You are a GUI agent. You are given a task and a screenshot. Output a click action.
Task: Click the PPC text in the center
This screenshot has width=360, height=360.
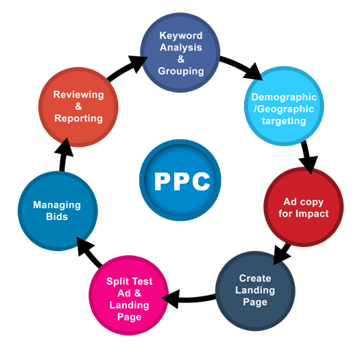[182, 182]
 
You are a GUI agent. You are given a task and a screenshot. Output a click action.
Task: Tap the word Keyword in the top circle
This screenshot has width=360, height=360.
[181, 36]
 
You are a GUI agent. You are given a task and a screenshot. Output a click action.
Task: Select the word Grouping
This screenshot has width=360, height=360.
[181, 71]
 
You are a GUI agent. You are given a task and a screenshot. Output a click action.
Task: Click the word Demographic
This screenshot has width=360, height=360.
[284, 97]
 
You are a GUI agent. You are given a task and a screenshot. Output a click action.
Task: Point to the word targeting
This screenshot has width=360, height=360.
[284, 121]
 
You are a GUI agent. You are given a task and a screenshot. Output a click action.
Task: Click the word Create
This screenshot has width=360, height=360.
[255, 278]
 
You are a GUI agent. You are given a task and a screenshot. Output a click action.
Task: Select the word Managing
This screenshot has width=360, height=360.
[57, 205]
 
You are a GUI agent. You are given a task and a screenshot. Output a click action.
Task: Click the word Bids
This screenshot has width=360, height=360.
[57, 217]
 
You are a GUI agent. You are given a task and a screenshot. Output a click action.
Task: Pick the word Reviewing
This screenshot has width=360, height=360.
[79, 95]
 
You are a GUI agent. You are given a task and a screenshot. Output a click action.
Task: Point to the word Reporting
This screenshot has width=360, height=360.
[79, 119]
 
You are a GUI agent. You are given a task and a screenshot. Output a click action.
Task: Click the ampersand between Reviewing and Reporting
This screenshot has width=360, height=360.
[79, 106]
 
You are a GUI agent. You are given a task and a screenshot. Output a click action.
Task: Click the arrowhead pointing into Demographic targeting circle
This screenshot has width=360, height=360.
[254, 71]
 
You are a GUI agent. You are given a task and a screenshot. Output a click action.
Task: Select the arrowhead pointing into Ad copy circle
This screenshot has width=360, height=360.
[309, 165]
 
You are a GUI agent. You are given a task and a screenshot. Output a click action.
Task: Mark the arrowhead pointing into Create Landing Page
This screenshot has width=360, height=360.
[280, 254]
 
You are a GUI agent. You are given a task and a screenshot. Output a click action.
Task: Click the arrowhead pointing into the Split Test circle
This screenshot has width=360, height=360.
[171, 299]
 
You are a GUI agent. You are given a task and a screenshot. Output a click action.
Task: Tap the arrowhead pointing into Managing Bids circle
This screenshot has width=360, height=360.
[84, 246]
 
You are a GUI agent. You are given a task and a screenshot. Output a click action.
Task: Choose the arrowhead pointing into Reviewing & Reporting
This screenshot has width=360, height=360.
[64, 148]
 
